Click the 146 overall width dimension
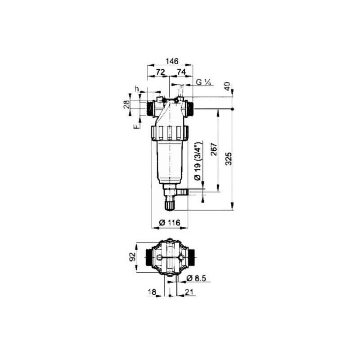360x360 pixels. (172, 61)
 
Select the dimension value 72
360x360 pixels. (161, 72)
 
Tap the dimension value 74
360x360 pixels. (181, 72)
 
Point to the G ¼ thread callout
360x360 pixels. (203, 82)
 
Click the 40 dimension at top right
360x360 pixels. (227, 86)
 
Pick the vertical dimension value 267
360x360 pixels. (214, 149)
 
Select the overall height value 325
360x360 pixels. (229, 159)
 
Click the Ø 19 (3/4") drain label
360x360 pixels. (198, 162)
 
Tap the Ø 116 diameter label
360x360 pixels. (170, 222)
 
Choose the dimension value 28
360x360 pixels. (126, 104)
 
